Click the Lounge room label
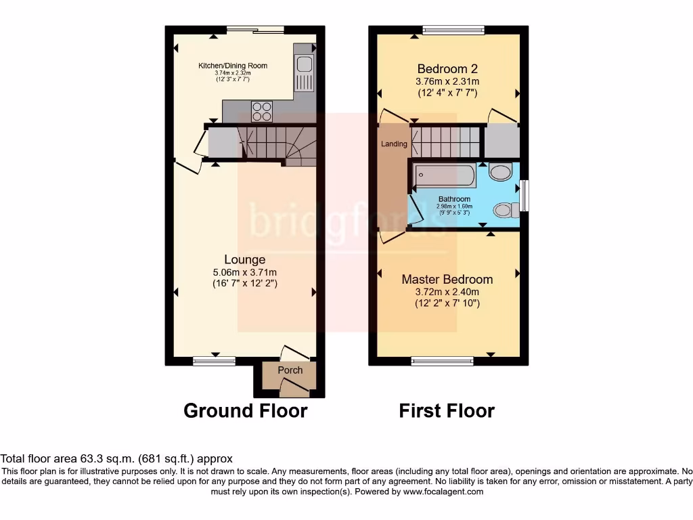pos(244,259)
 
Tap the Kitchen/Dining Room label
pos(232,66)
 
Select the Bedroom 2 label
pos(447,68)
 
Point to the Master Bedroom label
pos(447,279)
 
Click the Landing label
pos(394,144)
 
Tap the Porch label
pos(290,370)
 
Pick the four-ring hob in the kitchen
pos(261,110)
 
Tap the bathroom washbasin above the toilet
pos(499,173)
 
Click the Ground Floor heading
pos(245,410)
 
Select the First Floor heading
pos(447,410)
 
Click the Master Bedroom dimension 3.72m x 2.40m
pos(447,292)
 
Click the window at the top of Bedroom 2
pos(453,30)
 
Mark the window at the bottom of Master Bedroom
pos(443,361)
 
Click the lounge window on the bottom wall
pos(213,361)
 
